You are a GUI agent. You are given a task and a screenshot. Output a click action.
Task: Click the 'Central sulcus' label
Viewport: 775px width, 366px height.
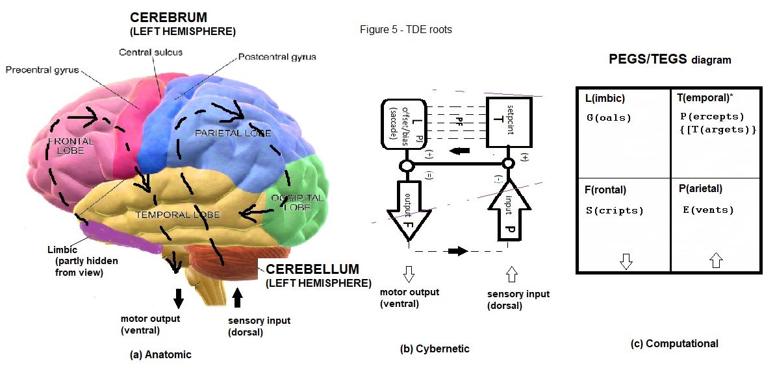point(150,52)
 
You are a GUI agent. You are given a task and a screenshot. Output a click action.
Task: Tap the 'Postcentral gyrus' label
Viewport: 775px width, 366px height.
point(277,57)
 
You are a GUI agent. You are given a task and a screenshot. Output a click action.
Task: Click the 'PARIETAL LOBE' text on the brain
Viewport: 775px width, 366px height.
point(232,133)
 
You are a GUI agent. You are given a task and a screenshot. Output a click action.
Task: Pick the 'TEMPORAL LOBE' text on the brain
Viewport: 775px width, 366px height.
point(177,214)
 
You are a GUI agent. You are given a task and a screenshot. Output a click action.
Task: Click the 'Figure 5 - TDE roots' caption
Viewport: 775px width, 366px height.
point(405,30)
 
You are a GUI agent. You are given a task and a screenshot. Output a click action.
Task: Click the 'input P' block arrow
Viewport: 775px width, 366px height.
point(509,211)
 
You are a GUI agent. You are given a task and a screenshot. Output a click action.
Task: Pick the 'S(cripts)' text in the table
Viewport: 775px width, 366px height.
point(615,210)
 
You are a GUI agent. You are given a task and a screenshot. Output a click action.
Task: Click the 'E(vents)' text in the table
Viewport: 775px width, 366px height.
point(708,210)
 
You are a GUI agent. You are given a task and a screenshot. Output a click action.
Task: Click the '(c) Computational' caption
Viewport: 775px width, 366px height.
point(674,344)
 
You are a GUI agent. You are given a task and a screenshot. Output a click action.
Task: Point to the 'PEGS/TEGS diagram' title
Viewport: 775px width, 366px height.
point(670,59)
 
